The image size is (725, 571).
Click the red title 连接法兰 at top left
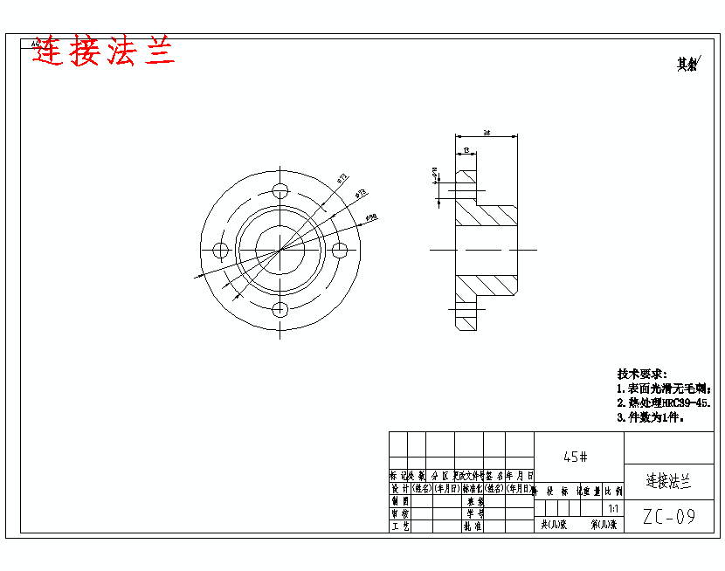coord(104,52)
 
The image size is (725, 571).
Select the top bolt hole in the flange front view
coord(280,191)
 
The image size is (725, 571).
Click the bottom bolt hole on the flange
coord(280,310)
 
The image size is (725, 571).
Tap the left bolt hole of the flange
coord(220,251)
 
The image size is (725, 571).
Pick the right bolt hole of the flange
coord(341,251)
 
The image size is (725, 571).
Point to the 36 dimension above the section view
coord(486,133)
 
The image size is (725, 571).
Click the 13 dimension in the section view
coord(466,150)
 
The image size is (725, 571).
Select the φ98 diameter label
coord(370,217)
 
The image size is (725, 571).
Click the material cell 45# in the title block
coord(576,456)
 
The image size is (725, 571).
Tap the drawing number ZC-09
coord(669,517)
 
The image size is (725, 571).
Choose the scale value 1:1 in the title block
coord(612,508)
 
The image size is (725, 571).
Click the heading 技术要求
coord(642,373)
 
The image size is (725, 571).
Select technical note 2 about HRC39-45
coord(663,402)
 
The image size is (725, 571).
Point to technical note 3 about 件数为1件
coord(651,417)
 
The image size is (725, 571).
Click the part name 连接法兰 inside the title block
coord(668,480)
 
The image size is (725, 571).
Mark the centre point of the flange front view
coord(280,251)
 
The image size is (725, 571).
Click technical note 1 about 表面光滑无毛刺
coord(663,388)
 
